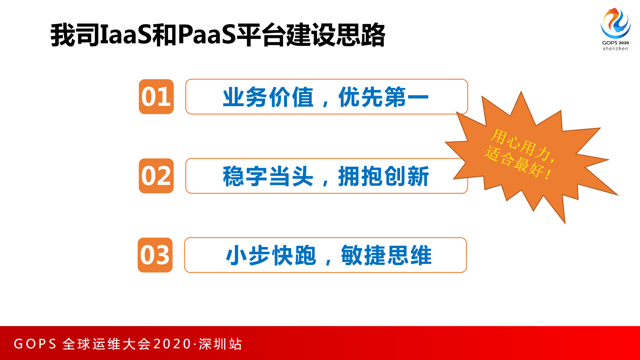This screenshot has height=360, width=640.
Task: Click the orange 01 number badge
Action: pyautogui.click(x=156, y=97)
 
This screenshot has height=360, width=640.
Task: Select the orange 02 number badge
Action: pyautogui.click(x=156, y=176)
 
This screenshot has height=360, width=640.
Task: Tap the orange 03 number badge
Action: pyautogui.click(x=155, y=255)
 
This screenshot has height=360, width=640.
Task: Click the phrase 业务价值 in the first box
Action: pyautogui.click(x=268, y=97)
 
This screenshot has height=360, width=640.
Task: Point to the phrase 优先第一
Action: pyautogui.click(x=383, y=97)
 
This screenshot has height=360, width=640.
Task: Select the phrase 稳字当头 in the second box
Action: pyautogui.click(x=268, y=176)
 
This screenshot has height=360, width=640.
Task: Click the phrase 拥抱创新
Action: pyautogui.click(x=383, y=176)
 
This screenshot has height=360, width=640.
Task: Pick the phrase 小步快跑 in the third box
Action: pyautogui.click(x=271, y=255)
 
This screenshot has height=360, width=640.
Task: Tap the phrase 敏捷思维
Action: pyautogui.click(x=386, y=255)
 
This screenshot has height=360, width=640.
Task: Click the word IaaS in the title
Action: pyautogui.click(x=125, y=35)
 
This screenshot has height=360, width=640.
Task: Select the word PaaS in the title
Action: pyautogui.click(x=206, y=35)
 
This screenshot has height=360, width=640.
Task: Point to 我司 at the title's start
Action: pyautogui.click(x=75, y=35)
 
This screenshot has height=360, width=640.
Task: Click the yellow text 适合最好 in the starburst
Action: pyautogui.click(x=517, y=163)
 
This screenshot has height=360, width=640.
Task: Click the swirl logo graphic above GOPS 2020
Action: pyautogui.click(x=615, y=23)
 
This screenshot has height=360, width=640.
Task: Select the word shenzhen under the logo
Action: pyautogui.click(x=615, y=49)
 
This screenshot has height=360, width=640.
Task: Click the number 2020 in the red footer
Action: pyautogui.click(x=172, y=344)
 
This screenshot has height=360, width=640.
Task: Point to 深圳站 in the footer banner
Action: pyautogui.click(x=220, y=344)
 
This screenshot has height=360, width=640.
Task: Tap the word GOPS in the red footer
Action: pyautogui.click(x=35, y=344)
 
